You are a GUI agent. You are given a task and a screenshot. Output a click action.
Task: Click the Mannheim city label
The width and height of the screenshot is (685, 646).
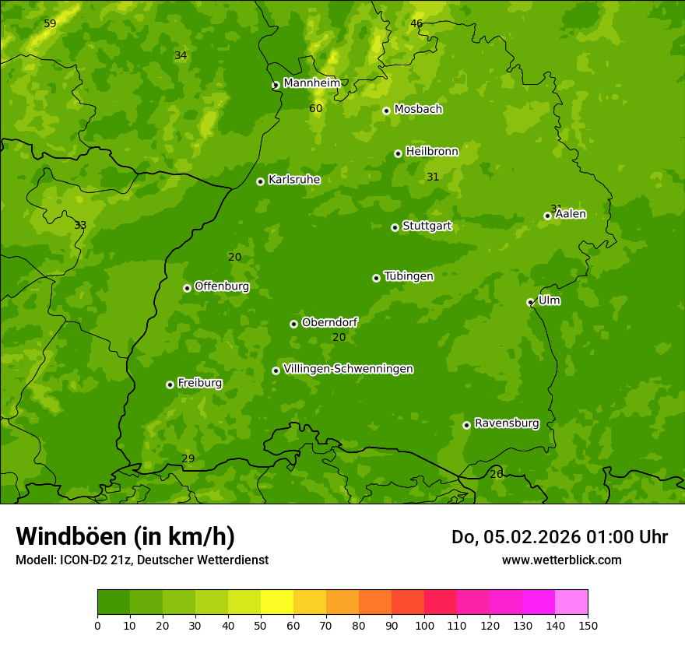point(311,83)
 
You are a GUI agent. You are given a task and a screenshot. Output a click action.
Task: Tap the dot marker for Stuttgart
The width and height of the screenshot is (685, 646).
point(395,227)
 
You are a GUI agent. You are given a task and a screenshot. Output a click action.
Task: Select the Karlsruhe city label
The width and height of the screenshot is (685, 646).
point(293,180)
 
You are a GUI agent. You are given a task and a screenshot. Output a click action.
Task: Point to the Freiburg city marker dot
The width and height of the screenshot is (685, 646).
point(170,384)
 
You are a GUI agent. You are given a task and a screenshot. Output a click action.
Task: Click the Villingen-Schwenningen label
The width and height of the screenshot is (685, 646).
point(348,369)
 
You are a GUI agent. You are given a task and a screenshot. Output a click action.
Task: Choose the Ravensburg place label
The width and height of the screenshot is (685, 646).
point(506,423)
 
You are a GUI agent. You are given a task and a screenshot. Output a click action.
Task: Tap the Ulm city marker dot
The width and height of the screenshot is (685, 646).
point(530,302)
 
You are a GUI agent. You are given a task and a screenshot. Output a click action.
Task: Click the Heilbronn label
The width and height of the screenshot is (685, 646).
point(431,152)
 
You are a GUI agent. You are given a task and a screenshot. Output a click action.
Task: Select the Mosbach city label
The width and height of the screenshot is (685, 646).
point(417,110)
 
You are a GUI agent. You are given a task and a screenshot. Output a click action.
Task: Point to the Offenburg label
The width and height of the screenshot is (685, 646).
point(221,286)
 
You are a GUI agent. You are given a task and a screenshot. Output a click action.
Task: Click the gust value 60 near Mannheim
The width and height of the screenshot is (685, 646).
point(315,109)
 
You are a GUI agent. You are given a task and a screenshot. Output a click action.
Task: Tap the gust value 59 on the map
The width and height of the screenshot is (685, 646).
point(50,24)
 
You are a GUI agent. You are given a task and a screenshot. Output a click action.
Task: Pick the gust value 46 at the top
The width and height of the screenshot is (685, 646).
point(416,24)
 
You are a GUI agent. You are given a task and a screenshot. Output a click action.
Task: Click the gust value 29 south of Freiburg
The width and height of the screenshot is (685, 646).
point(188,459)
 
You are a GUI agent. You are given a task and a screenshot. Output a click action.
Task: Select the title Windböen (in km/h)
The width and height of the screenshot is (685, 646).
point(125,536)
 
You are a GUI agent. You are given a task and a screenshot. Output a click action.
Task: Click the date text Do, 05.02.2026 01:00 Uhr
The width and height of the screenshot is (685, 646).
point(559,537)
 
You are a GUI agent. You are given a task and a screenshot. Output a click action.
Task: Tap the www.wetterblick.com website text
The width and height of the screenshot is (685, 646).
point(561,560)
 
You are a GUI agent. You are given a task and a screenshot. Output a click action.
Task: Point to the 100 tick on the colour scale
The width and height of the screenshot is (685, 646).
point(424,625)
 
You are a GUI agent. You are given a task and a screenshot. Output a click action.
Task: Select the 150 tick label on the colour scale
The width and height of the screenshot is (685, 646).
point(588,625)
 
